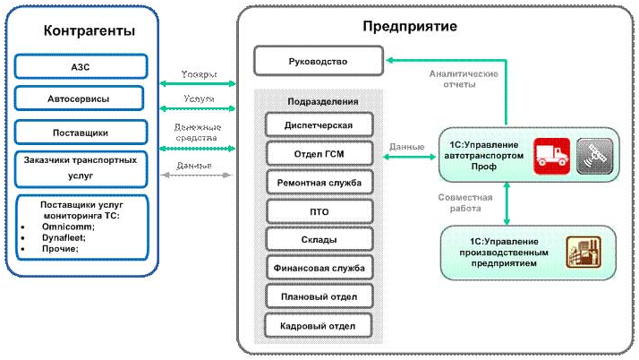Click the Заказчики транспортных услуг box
tap(80, 167)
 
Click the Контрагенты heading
tap(89, 30)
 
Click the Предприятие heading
tap(410, 26)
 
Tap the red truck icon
tap(551, 156)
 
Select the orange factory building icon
tap(581, 252)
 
